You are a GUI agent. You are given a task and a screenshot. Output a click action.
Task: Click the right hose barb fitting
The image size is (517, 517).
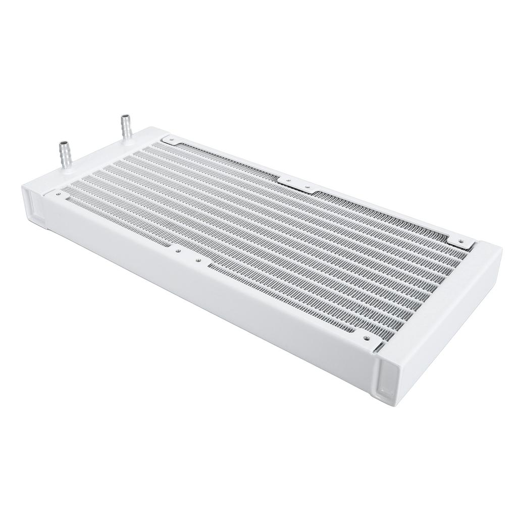point(125,126)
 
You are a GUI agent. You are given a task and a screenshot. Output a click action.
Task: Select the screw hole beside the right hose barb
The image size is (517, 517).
point(171,138)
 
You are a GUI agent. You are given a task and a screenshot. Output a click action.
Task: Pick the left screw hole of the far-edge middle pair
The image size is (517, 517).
point(288,180)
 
